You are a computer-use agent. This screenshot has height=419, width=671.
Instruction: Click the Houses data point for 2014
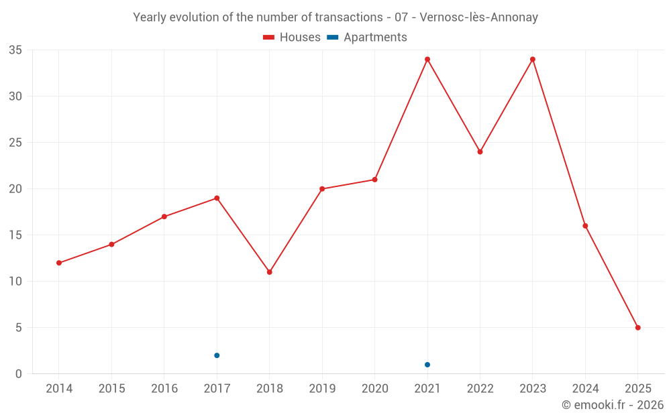tap(59, 263)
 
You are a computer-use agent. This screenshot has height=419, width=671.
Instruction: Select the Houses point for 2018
tap(269, 272)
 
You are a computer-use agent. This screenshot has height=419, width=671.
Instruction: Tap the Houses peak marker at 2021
tap(427, 59)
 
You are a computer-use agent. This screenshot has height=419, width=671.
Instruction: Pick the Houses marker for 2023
tap(533, 59)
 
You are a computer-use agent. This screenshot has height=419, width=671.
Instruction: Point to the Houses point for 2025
tap(638, 328)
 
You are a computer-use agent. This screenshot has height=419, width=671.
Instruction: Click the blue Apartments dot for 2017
tap(217, 355)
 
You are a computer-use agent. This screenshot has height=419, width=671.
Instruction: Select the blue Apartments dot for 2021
tap(427, 365)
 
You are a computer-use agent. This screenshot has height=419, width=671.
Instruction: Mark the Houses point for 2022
tap(480, 152)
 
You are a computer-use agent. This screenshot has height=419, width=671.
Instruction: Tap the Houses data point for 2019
tap(322, 189)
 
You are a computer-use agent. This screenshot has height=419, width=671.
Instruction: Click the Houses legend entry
tap(292, 38)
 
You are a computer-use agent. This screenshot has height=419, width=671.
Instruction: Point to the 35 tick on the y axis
tap(15, 50)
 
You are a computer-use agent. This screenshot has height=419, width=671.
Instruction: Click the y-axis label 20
tap(15, 189)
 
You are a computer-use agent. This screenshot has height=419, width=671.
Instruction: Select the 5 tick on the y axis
tap(19, 328)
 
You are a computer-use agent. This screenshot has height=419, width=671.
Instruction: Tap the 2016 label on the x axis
tap(164, 389)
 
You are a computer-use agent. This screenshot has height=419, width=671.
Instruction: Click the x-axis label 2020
tap(374, 389)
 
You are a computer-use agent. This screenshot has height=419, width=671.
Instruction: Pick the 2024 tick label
tap(585, 389)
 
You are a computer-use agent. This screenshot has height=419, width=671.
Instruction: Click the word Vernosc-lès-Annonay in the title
tap(478, 17)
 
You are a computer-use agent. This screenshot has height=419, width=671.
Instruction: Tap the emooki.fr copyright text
tap(613, 405)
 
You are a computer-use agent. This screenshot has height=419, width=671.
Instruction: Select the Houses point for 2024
tap(585, 226)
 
